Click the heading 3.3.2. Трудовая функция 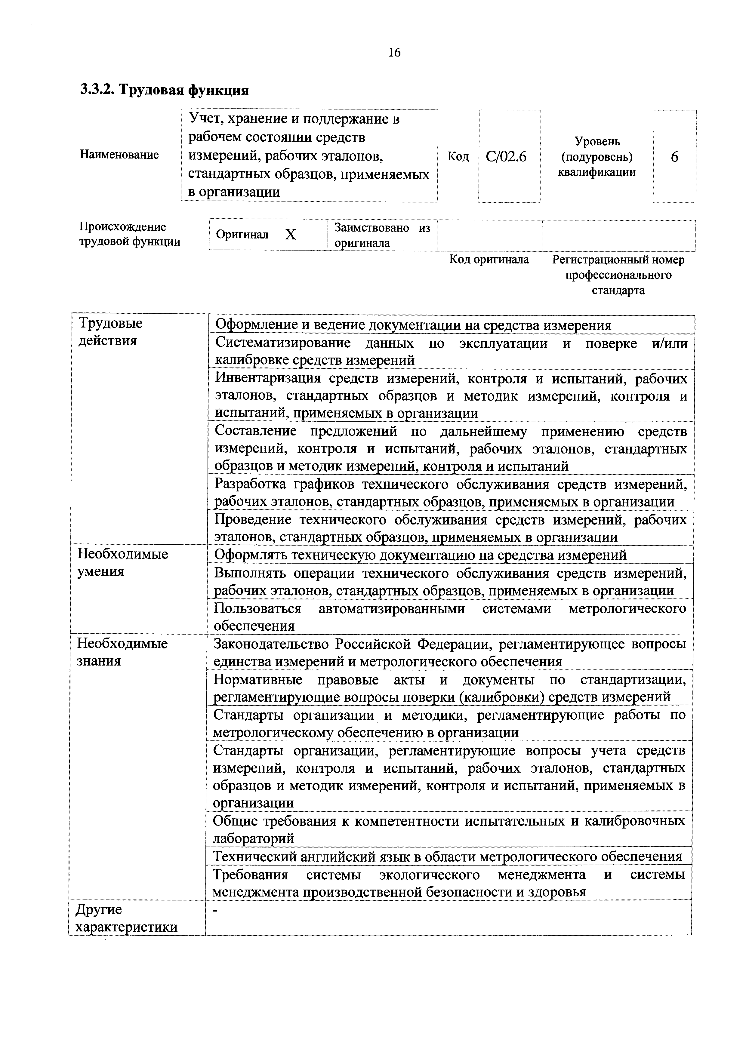pyautogui.click(x=165, y=90)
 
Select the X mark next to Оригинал pyautogui.click(x=291, y=235)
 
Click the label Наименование pyautogui.click(x=119, y=154)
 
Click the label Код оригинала pyautogui.click(x=489, y=260)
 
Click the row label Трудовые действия pyautogui.click(x=110, y=332)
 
